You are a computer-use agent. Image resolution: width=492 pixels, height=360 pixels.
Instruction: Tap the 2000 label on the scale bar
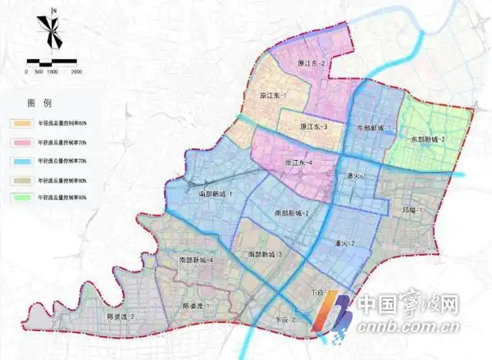pos(76,71)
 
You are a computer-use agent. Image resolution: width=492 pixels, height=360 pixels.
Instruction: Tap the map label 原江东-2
pos(312,63)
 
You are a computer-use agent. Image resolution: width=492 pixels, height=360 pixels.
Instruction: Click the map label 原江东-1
pos(273,96)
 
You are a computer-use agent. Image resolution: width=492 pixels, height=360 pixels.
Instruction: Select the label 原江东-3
pos(314,127)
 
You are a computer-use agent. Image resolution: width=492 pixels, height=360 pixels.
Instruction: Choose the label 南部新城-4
pos(196,260)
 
